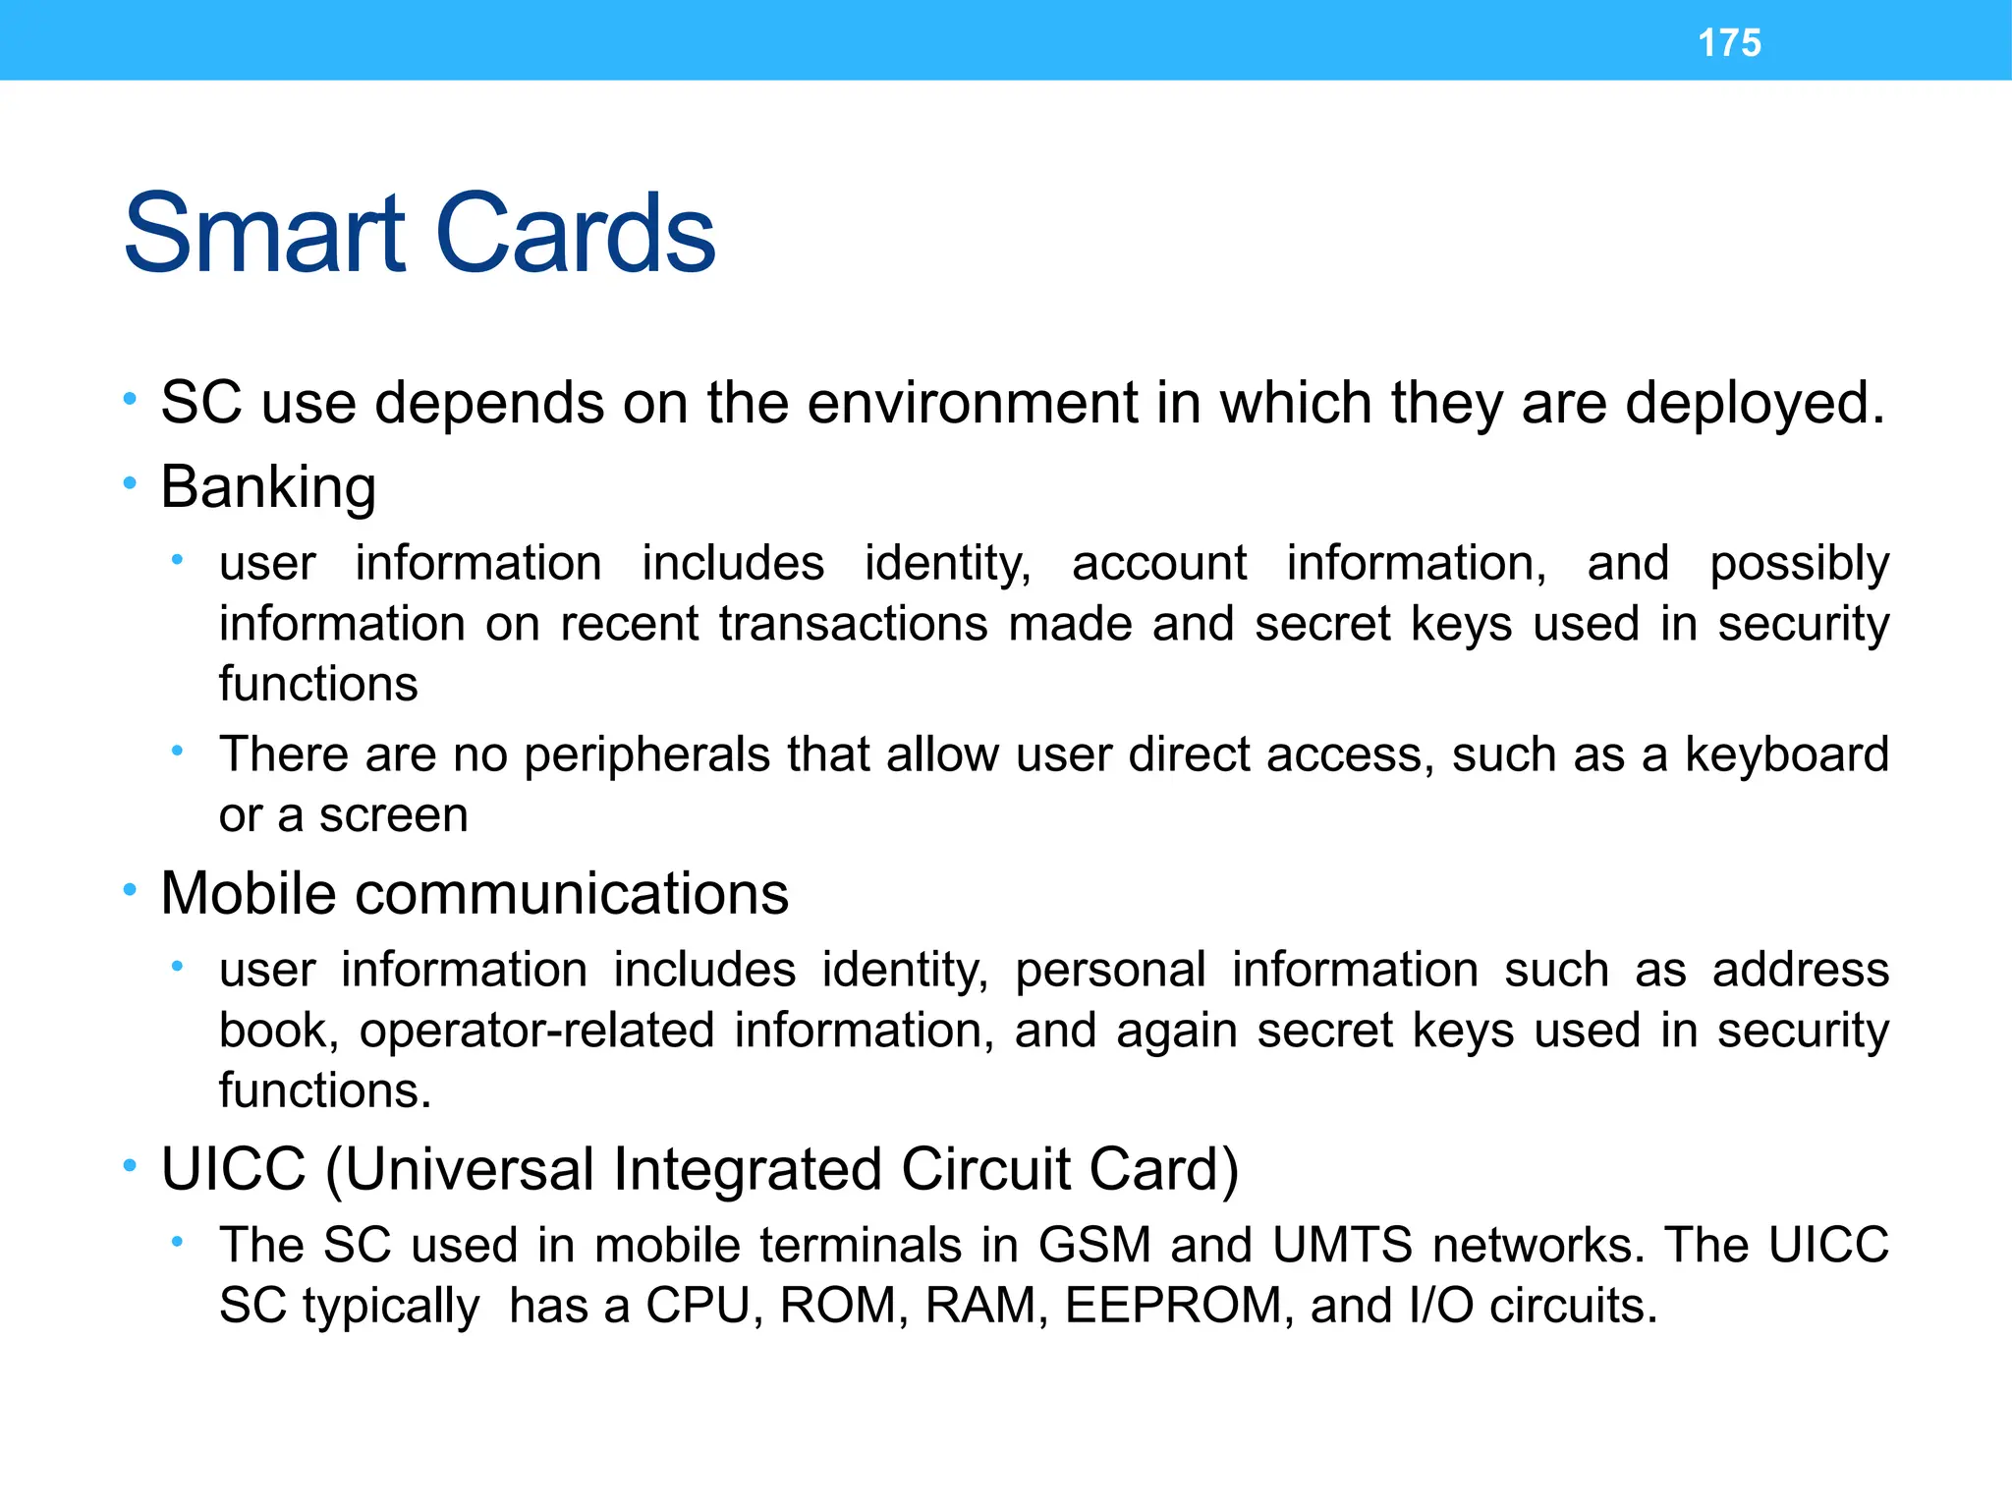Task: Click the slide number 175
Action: [1729, 43]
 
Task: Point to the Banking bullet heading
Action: [268, 487]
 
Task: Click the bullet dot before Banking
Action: [130, 482]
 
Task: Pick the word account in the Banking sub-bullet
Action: [1159, 564]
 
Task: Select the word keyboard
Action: [1787, 755]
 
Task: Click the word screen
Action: [393, 815]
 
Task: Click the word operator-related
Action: [536, 1031]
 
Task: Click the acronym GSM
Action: [1094, 1246]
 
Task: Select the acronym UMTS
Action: [1342, 1246]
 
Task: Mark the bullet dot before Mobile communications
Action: [130, 890]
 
